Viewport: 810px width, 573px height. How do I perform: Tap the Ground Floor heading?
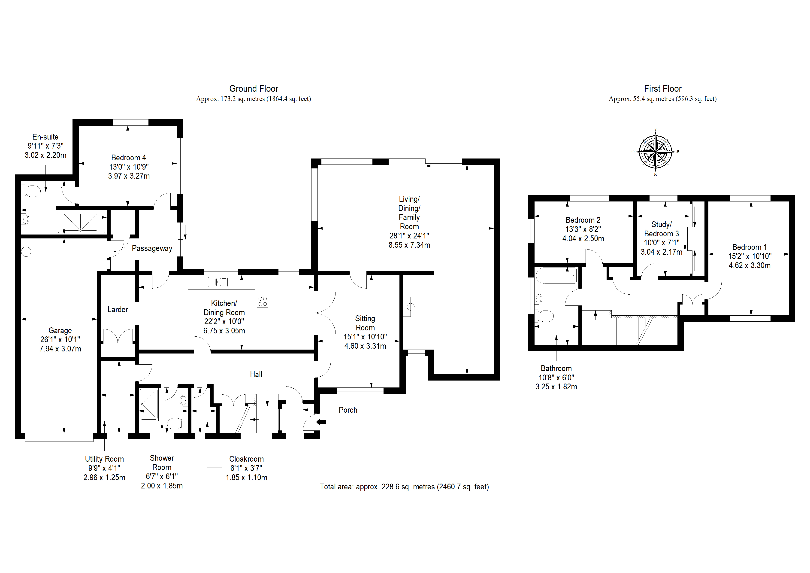coord(254,89)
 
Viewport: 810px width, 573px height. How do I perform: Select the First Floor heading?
coord(662,89)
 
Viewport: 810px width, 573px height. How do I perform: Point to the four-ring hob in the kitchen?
coord(263,301)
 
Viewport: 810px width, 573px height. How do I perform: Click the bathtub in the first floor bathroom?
coord(556,276)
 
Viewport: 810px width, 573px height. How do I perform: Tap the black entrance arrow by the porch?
coord(321,421)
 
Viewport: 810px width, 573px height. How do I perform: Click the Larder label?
coord(118,310)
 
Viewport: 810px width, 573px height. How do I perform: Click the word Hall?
coord(256,374)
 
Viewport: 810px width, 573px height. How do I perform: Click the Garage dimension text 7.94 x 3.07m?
coord(60,349)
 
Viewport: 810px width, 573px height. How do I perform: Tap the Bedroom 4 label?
coord(128,158)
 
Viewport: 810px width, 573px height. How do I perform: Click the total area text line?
coord(404,487)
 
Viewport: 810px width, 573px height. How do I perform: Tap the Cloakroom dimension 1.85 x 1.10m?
coord(247,478)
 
